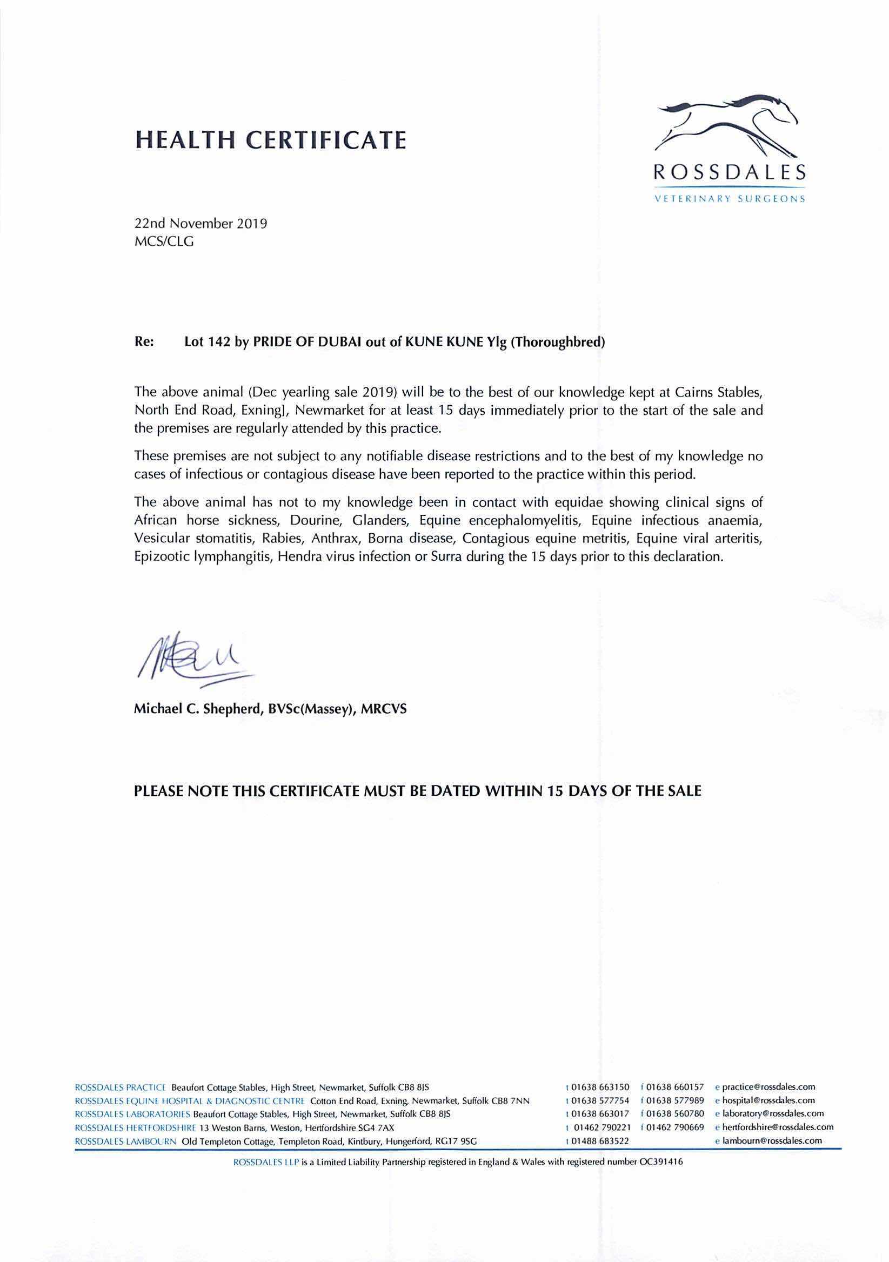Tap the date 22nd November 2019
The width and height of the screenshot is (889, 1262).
200,224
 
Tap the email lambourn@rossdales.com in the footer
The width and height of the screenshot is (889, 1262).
772,1140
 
